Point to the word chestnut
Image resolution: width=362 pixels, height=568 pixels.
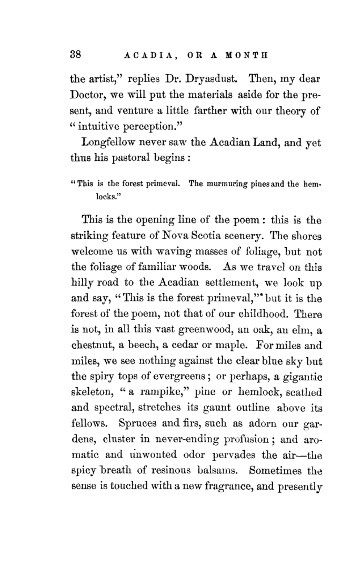92,345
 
